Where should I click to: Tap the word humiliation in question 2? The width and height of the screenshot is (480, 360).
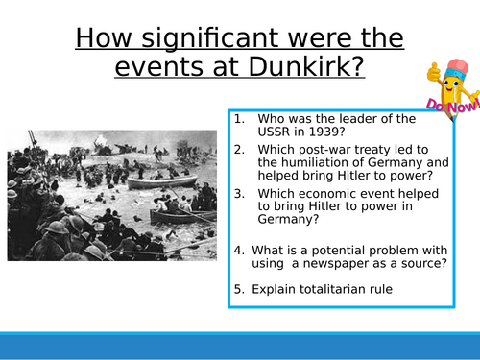(x=307, y=162)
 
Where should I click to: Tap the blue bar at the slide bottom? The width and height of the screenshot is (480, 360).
(x=240, y=347)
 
